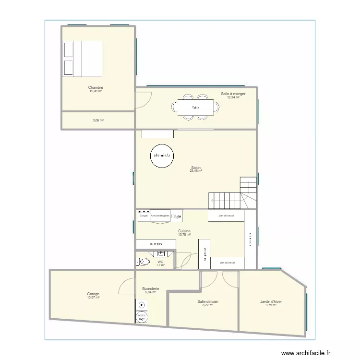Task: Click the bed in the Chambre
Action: [x=83, y=59]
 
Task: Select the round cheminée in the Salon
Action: [x=162, y=156]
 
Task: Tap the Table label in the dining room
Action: [x=195, y=108]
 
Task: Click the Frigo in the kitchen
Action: [x=176, y=216]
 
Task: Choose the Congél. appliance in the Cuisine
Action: [x=143, y=216]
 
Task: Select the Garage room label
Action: [x=93, y=294]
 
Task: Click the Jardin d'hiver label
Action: [x=271, y=301]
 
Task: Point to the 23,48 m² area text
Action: [x=195, y=171]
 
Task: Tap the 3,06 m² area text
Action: [x=98, y=120]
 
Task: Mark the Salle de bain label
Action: [x=207, y=301]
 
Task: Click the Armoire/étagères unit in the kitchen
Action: [x=160, y=216]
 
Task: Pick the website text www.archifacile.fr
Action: [x=306, y=353]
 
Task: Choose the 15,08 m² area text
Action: [x=96, y=91]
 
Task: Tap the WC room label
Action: [x=160, y=262]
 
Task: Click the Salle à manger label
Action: [x=233, y=94]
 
